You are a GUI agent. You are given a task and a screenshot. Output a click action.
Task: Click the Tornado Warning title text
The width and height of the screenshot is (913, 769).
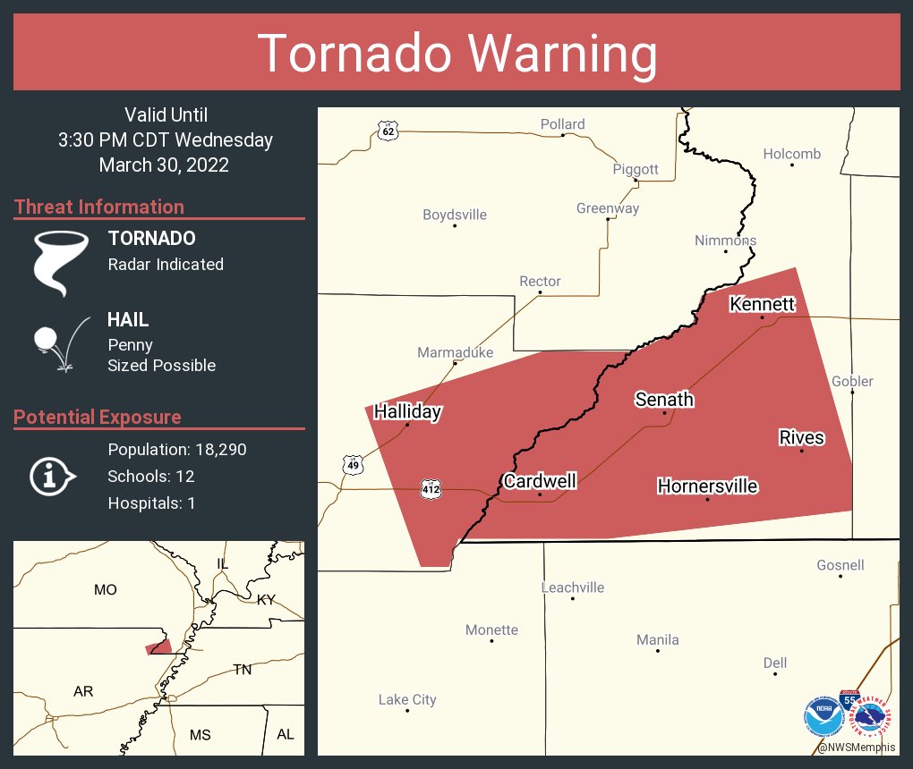[x=456, y=54]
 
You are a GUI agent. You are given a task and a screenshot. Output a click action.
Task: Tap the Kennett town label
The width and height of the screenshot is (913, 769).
[x=762, y=304]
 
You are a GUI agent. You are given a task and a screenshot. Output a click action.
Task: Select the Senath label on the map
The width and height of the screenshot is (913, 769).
[x=664, y=399]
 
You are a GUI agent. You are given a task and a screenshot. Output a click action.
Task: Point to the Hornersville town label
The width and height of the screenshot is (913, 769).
[x=707, y=486]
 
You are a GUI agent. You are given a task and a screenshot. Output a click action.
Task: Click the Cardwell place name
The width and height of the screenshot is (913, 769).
[x=540, y=481]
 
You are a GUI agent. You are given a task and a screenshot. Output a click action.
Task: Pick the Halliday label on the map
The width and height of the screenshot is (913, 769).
[x=407, y=411]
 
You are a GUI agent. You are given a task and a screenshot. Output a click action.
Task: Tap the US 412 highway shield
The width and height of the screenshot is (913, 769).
[x=430, y=488]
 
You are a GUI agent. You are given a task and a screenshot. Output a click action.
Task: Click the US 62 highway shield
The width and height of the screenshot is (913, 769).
[x=387, y=131]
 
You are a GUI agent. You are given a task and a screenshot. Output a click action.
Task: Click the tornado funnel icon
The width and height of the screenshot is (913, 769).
[x=60, y=262]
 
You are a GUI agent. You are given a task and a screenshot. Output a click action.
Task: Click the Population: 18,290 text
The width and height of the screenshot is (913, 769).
[x=177, y=450]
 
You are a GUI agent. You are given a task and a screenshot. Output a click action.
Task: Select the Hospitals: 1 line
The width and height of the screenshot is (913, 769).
[x=151, y=503]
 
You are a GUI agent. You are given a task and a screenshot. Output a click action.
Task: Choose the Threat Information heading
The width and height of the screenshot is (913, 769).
[x=99, y=207]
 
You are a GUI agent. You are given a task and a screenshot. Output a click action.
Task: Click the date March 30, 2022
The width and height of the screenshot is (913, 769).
[x=164, y=165]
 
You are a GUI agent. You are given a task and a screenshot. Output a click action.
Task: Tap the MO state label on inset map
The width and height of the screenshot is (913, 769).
[x=105, y=589]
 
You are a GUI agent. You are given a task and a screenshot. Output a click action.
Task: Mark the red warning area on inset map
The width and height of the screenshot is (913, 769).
[x=159, y=647]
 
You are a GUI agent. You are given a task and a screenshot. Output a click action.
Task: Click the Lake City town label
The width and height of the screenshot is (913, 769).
[x=407, y=699]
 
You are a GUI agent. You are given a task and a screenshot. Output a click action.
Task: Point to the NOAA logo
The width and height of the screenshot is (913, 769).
[x=822, y=716]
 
